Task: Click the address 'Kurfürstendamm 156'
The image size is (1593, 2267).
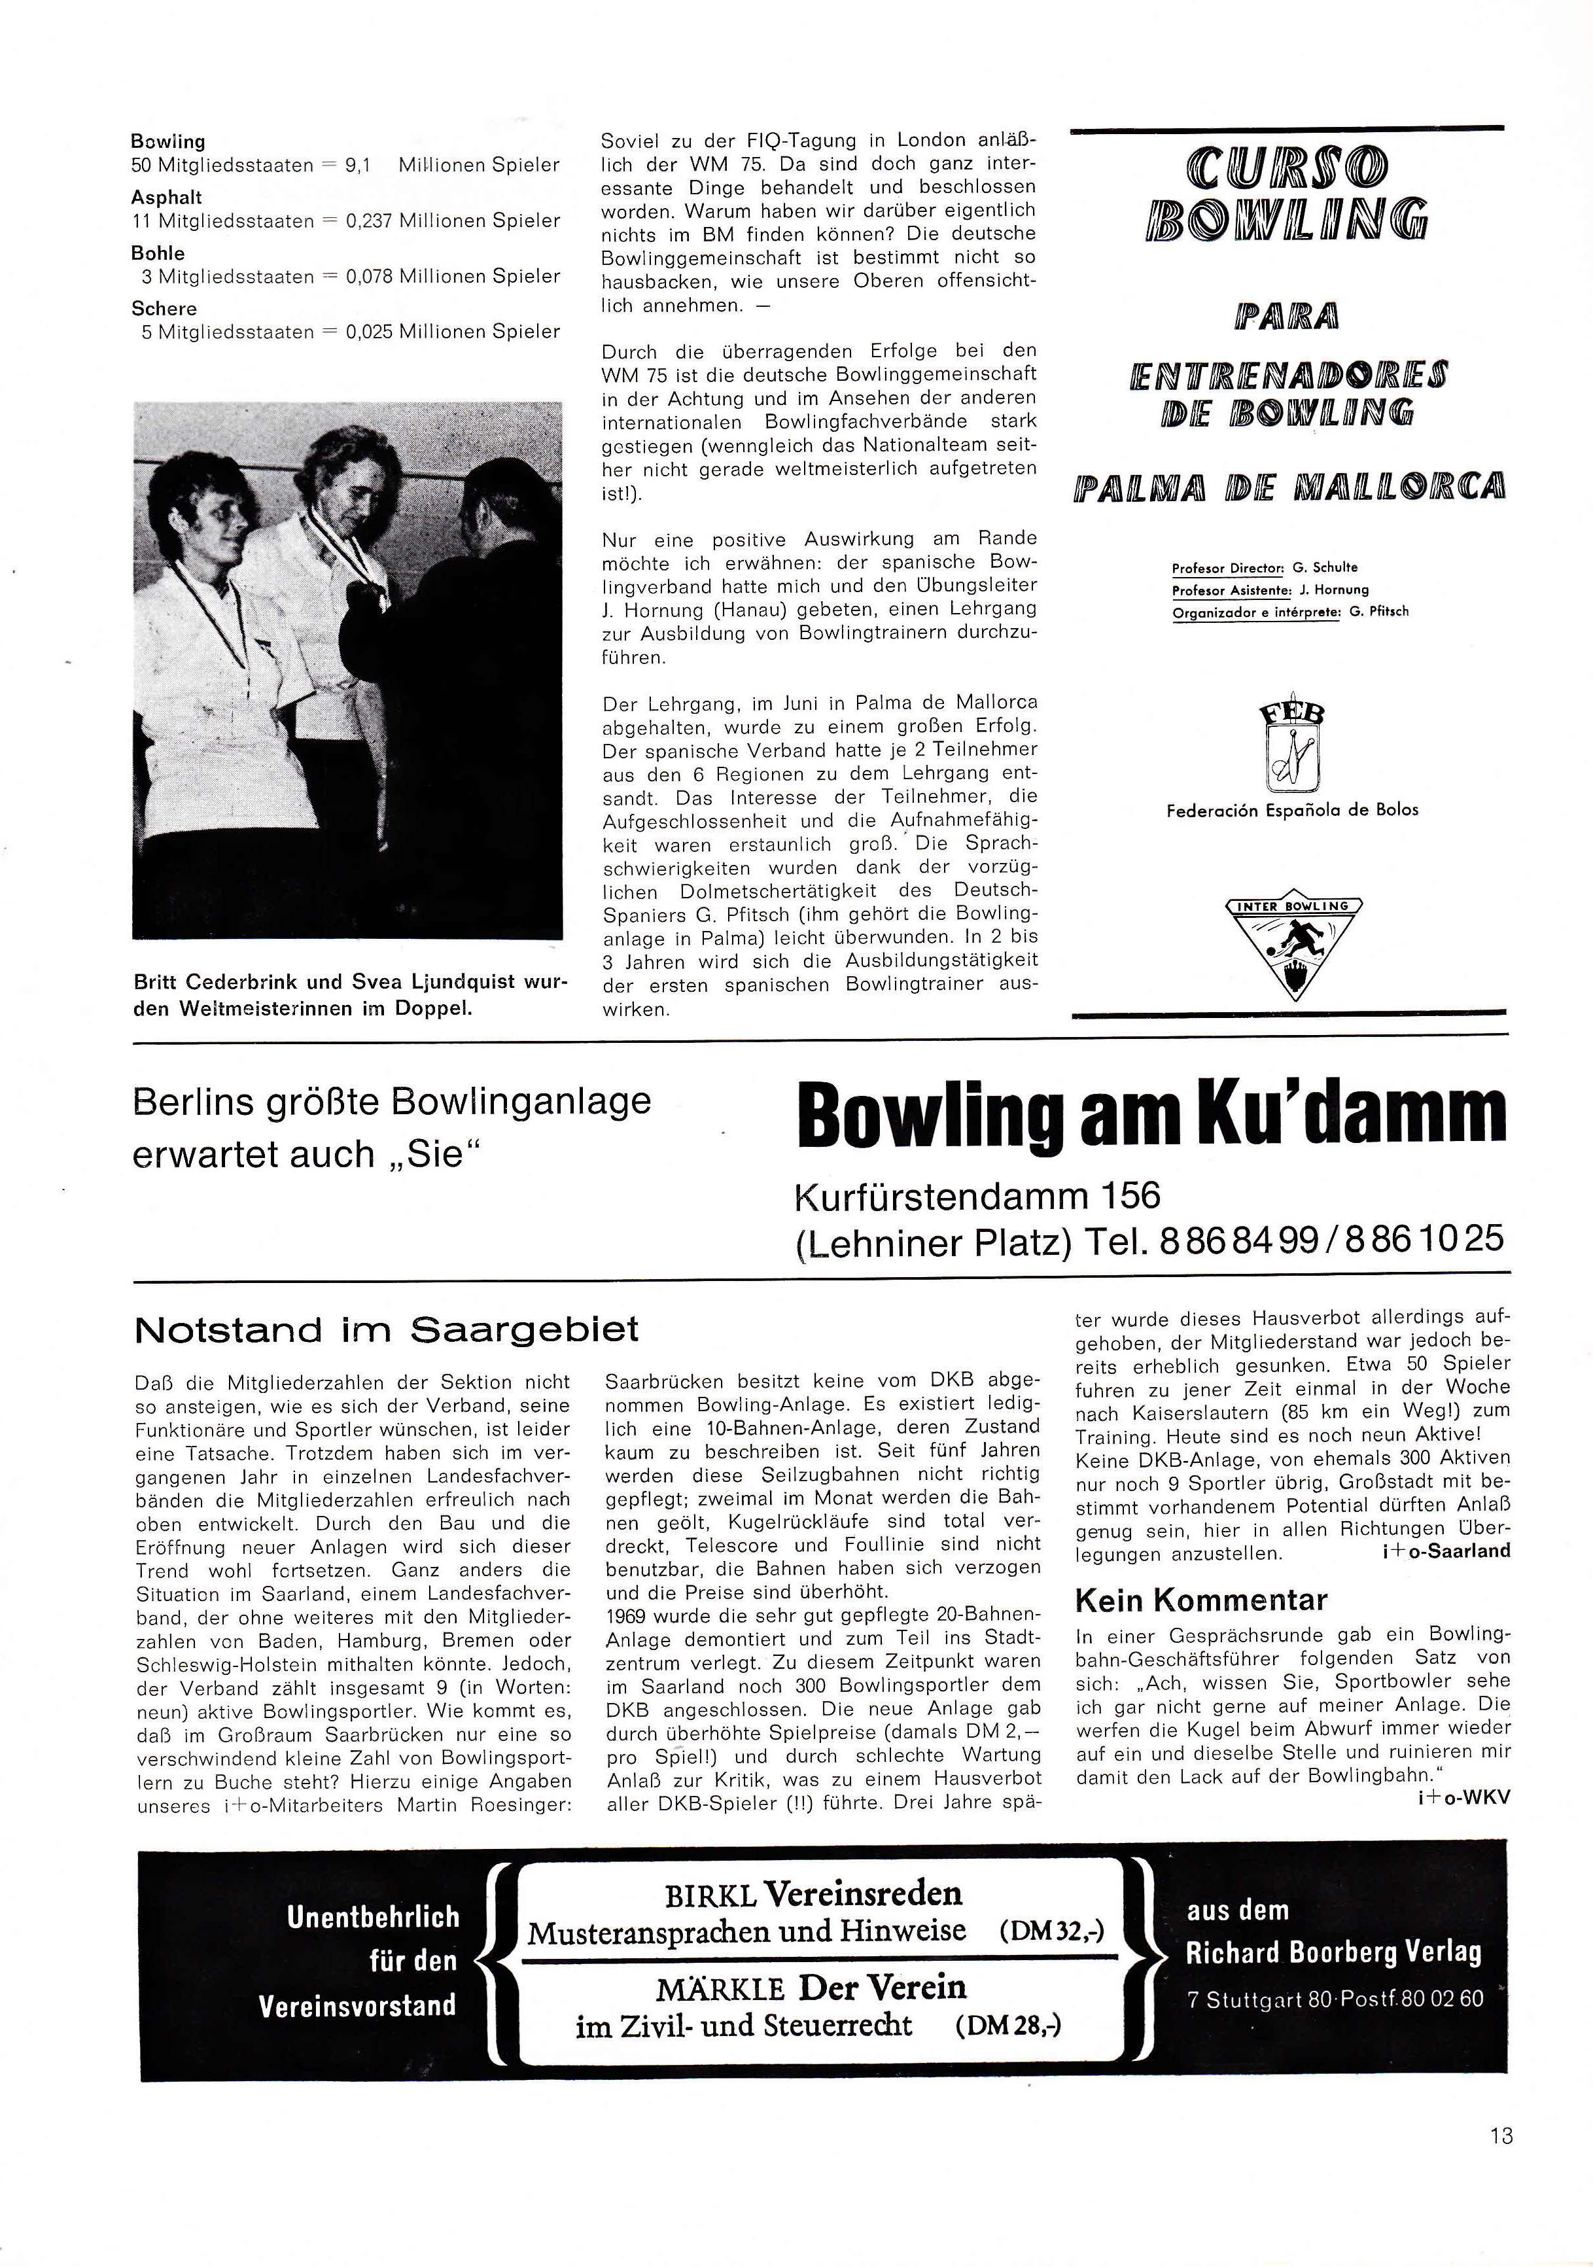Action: click(x=977, y=1196)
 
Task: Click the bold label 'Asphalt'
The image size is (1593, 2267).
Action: click(x=166, y=198)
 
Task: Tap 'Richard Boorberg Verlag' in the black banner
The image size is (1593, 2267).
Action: click(x=1333, y=1952)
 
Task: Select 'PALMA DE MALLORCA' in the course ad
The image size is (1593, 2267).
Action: click(x=1289, y=487)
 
